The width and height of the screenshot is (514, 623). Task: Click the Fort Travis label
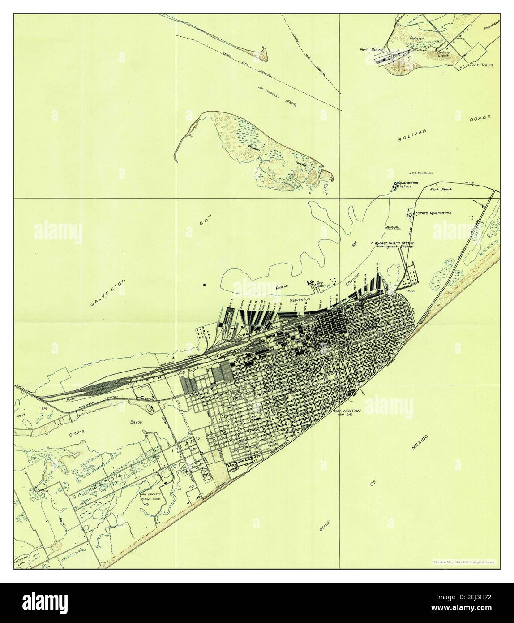pos(481,65)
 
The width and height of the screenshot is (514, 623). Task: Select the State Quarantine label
pos(434,213)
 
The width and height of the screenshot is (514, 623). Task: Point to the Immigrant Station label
pos(395,247)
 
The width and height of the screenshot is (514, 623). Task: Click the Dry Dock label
pos(320,284)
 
